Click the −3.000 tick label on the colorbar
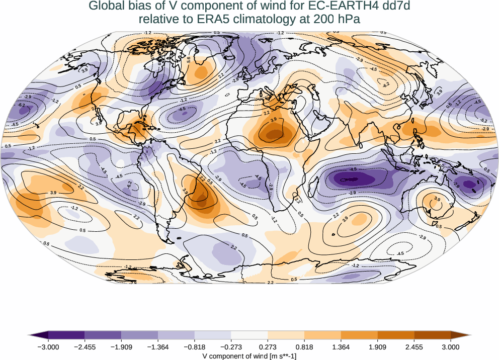pos(48,347)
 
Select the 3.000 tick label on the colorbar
pos(451,347)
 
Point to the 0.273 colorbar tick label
pos(268,347)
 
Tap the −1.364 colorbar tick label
pos(158,347)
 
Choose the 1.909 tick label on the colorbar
pos(377,347)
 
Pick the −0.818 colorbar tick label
pos(195,347)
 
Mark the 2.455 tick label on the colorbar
pos(414,347)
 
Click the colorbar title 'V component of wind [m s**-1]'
pos(249,355)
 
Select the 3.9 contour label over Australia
pos(437,200)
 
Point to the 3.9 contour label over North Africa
pos(274,120)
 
